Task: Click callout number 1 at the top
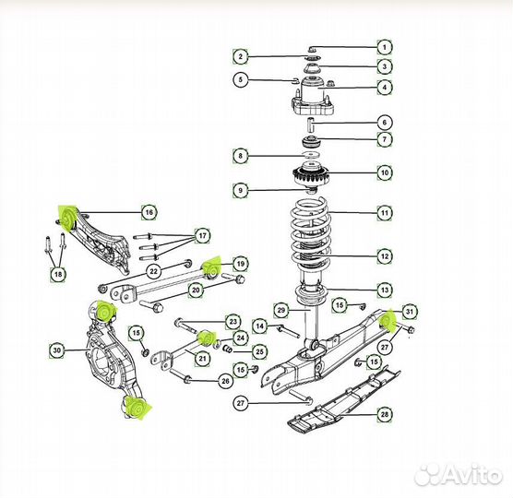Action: [383, 46]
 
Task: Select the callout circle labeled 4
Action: [383, 88]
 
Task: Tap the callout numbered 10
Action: [383, 172]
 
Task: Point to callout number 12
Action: [383, 255]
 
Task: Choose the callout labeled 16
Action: [149, 212]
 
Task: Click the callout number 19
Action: [239, 264]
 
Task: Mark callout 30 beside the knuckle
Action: [56, 350]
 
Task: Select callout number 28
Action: [383, 416]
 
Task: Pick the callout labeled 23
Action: [233, 322]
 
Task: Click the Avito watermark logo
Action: [457, 475]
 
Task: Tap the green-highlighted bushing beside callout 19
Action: [211, 267]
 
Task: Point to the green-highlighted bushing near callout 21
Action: [207, 336]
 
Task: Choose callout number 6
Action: [383, 122]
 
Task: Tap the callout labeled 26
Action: [224, 380]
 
